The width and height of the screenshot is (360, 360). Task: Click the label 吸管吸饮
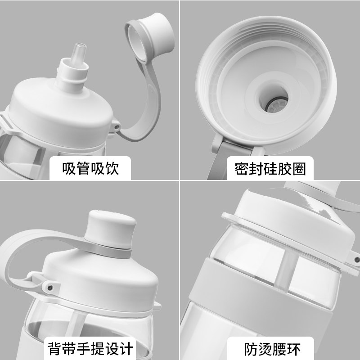(x=90, y=168)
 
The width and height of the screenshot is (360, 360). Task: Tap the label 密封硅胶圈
(x=270, y=169)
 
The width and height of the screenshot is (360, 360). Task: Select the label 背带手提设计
(x=90, y=349)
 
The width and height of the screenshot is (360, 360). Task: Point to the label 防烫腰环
(x=272, y=349)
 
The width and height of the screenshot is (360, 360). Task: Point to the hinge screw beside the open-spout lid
(x=117, y=126)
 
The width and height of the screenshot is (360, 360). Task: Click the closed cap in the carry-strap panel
(x=110, y=229)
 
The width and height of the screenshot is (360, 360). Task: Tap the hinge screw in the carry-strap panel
(x=50, y=288)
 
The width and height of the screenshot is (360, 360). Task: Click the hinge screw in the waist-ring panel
(x=357, y=260)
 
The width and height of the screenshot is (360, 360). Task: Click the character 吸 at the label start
(x=69, y=168)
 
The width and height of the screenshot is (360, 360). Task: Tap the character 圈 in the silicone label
(x=299, y=169)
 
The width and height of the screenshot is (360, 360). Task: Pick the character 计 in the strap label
(x=126, y=349)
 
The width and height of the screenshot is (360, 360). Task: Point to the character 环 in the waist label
(x=294, y=349)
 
